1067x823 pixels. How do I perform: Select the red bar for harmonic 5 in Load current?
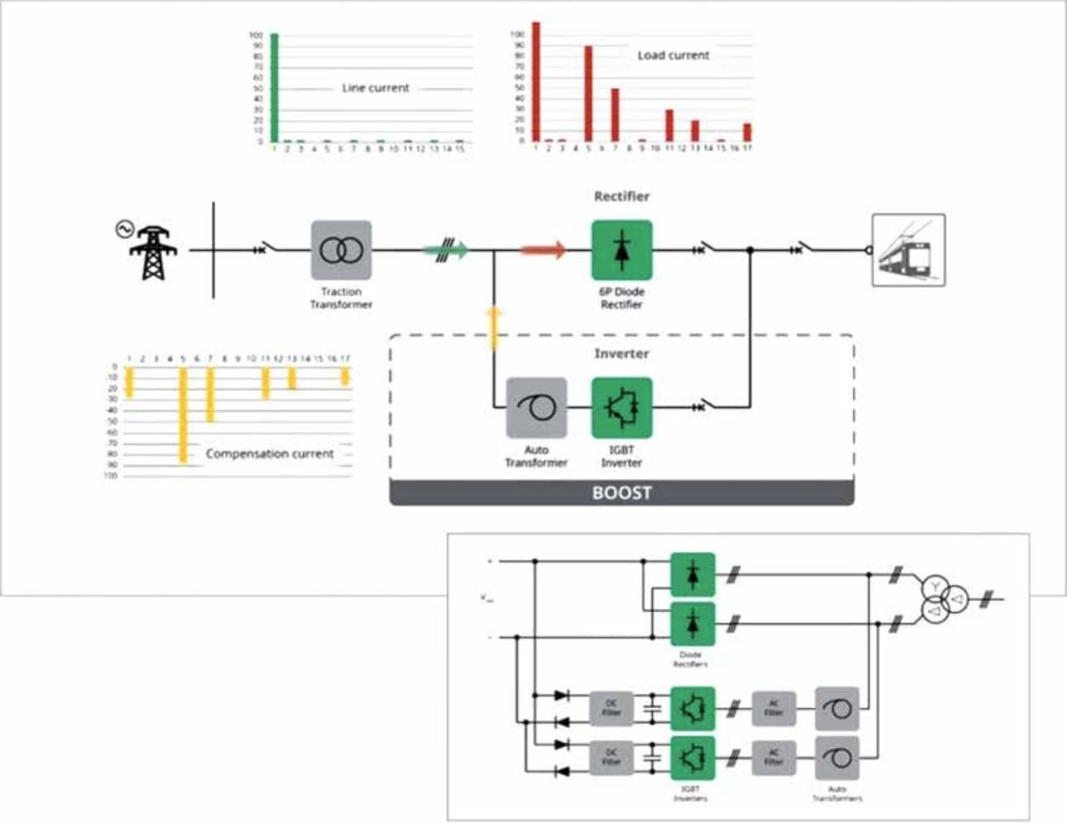(587, 94)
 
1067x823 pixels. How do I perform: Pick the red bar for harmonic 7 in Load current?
(615, 115)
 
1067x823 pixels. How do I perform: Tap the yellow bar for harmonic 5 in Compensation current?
(183, 415)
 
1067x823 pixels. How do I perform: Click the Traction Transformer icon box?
(341, 250)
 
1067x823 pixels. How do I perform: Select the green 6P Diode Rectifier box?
(621, 250)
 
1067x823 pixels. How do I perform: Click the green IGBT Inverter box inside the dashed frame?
(621, 408)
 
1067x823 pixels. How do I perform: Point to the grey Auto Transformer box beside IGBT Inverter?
(536, 408)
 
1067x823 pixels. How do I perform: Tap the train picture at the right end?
(909, 249)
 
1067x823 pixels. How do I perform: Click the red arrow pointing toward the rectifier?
(542, 250)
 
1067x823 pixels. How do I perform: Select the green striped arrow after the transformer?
(448, 250)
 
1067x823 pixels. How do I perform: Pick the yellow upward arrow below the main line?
(493, 328)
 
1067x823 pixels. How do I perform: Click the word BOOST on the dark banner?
(621, 493)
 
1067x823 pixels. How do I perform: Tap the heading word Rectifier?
(621, 196)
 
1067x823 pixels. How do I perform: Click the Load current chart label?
(673, 55)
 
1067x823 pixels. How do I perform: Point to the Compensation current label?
(270, 454)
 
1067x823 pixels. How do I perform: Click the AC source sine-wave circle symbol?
(124, 229)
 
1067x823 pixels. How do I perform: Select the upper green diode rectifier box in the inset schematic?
(692, 574)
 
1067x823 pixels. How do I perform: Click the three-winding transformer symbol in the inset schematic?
(944, 599)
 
